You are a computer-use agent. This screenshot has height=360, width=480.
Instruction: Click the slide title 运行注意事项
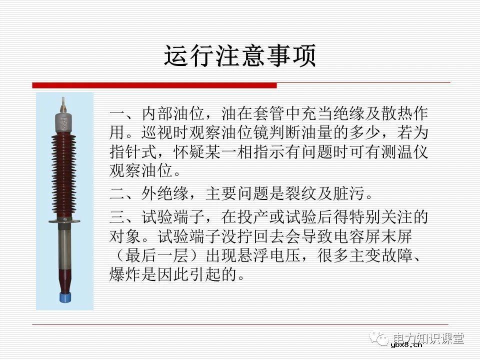(x=240, y=56)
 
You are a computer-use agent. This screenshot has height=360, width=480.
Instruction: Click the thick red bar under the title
(x=154, y=85)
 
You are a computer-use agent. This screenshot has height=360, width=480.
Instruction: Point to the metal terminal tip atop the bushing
(x=63, y=105)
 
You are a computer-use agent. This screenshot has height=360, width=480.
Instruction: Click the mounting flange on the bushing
(x=63, y=220)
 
